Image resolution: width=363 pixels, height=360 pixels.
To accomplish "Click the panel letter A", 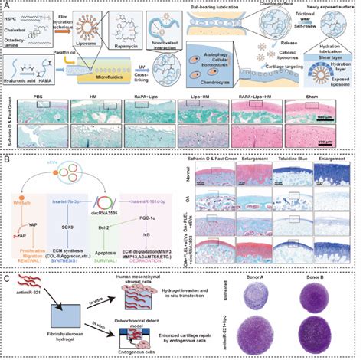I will click(6, 5).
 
